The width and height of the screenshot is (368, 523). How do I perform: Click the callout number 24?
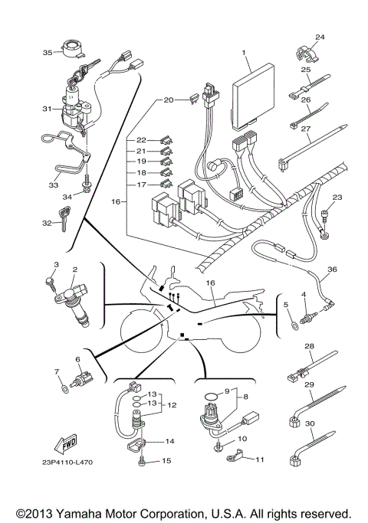tap(320, 37)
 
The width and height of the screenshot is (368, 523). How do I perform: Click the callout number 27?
tap(305, 129)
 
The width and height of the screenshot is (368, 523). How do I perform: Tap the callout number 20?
tap(168, 100)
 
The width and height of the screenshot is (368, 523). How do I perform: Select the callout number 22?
tap(141, 140)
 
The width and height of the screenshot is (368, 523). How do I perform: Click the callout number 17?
tap(141, 184)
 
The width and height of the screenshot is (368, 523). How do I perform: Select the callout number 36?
tap(331, 269)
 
